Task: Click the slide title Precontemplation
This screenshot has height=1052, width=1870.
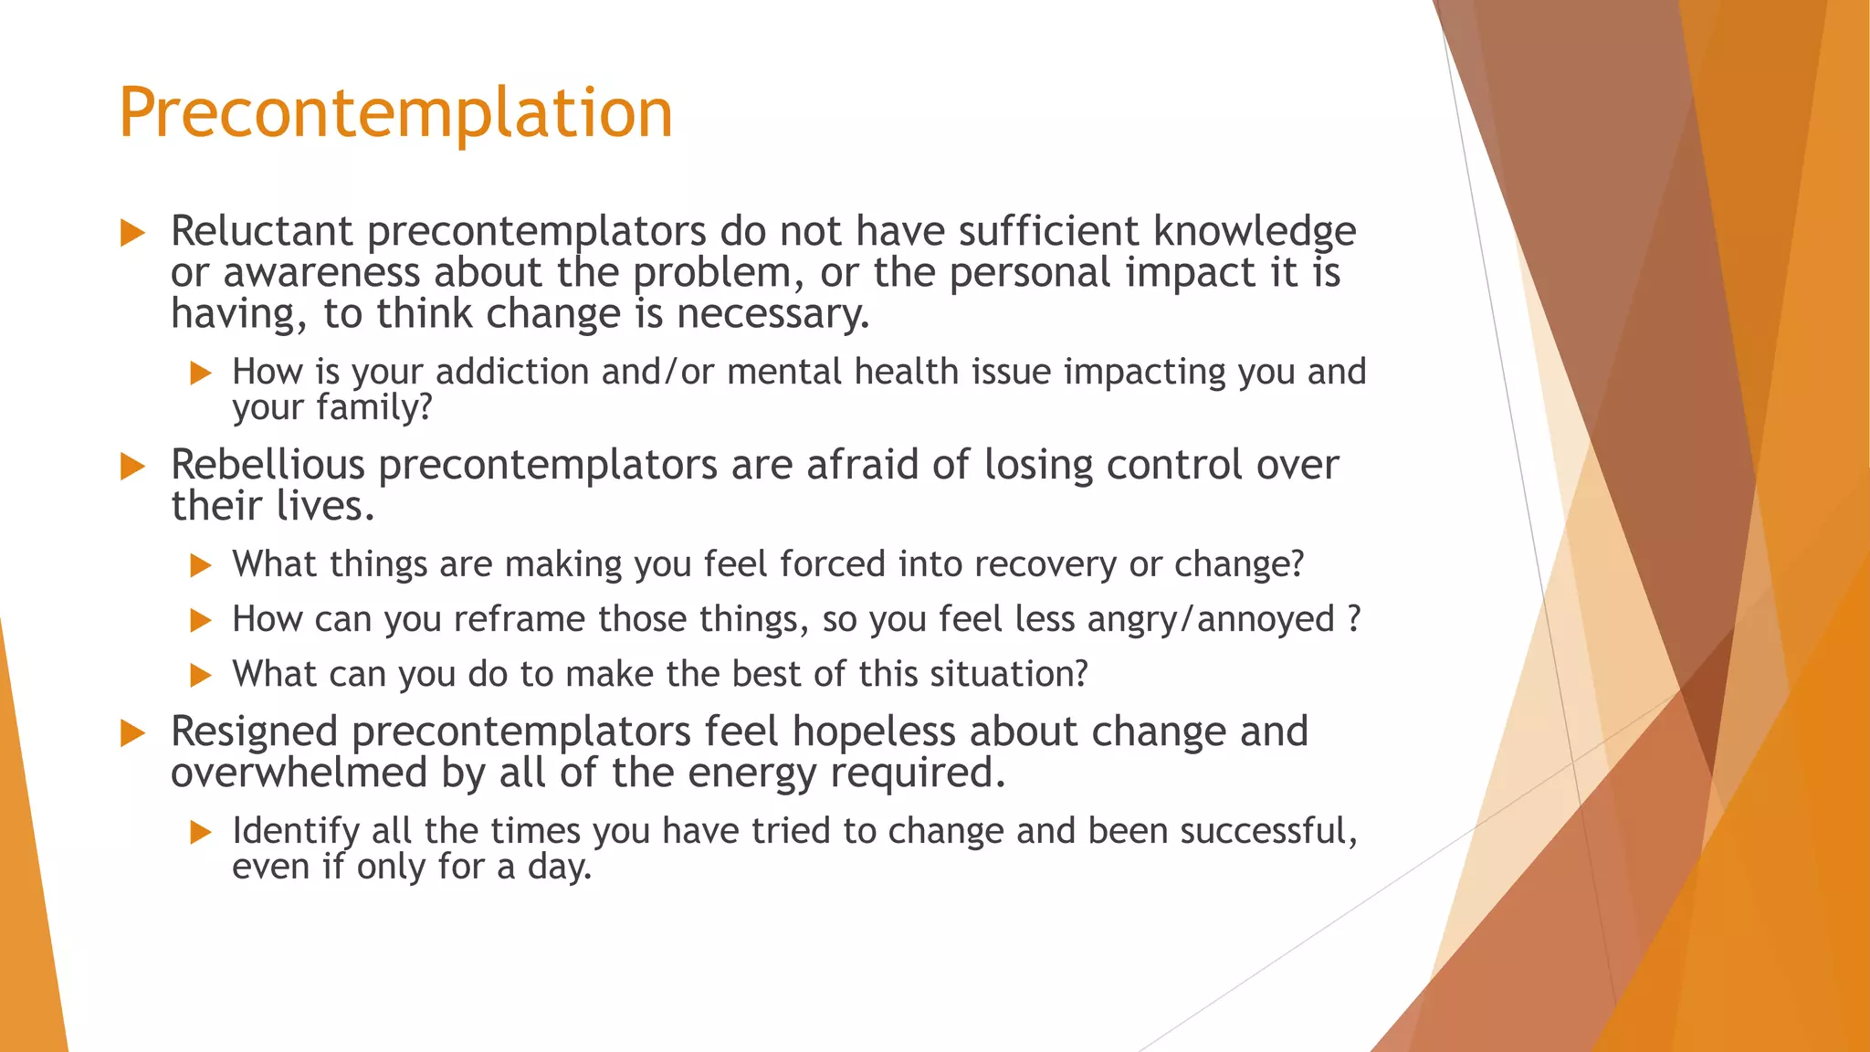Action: click(395, 112)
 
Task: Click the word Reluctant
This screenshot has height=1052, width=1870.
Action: click(261, 231)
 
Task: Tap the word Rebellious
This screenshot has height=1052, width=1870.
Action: click(268, 465)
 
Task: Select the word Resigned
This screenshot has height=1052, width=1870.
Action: click(254, 731)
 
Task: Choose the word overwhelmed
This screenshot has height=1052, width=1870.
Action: click(299, 773)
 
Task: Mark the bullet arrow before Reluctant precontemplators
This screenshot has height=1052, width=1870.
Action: click(132, 233)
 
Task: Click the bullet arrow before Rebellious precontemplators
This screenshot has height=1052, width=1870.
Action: click(132, 467)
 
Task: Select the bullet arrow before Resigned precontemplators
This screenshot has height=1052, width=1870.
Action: click(132, 733)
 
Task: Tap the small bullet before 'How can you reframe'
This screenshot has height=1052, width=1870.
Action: click(200, 621)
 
